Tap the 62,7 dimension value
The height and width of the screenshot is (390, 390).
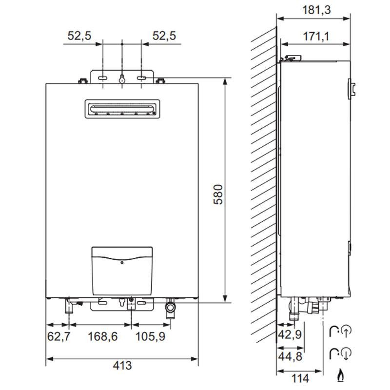tap(58, 336)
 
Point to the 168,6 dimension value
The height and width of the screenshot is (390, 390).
tap(102, 336)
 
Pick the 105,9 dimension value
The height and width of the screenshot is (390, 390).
tap(149, 336)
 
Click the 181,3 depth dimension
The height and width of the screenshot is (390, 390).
tap(313, 10)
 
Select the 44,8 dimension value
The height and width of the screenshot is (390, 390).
tap(290, 356)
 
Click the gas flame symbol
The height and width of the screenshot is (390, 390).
tap(339, 375)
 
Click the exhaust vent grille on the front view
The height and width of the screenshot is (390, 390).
tap(121, 109)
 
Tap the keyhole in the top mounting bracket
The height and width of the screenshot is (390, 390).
tap(121, 79)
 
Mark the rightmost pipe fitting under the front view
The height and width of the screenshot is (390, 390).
tap(170, 308)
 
